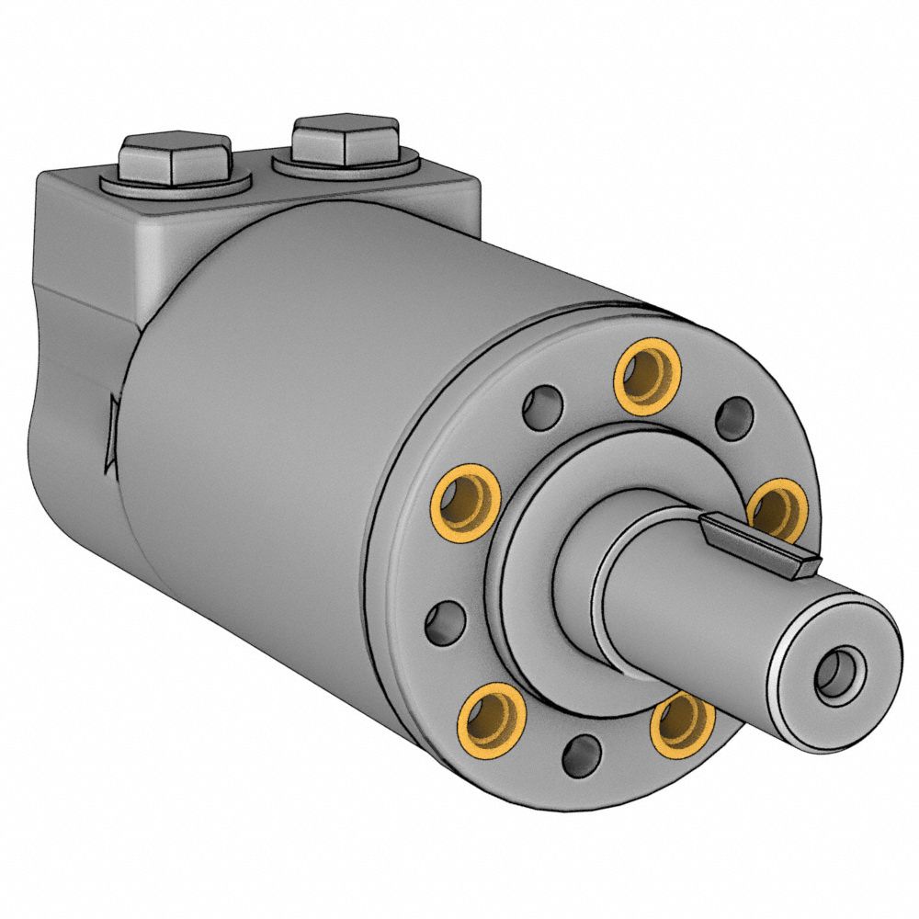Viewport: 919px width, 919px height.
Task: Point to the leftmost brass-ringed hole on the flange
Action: coord(466,499)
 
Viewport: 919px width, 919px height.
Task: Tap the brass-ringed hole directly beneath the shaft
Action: coord(682,723)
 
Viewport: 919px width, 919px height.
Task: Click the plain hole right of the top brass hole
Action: coord(732,417)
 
